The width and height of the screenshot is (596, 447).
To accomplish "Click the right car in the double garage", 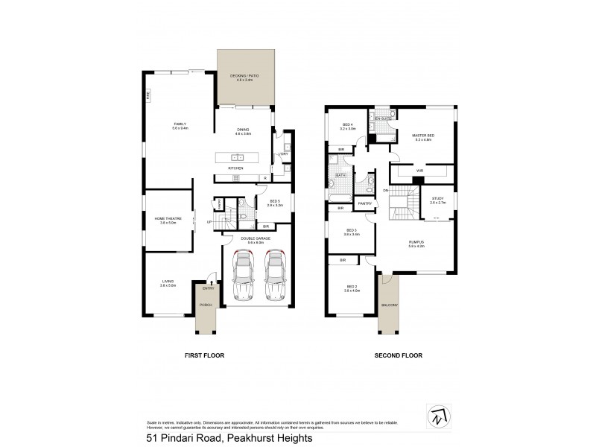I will [273, 274].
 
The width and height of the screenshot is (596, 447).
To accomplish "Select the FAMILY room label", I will [180, 126].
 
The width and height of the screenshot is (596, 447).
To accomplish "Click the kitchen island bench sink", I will [237, 158].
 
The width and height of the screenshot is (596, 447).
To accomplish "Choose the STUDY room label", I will [437, 200].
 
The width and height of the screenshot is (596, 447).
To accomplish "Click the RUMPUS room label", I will [416, 244].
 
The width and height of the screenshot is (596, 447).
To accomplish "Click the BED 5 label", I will [265, 201].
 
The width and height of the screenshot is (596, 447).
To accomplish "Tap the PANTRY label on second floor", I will [364, 203].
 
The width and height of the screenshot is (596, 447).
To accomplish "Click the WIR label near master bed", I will [419, 171].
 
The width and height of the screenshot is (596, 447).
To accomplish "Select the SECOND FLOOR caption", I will [398, 356].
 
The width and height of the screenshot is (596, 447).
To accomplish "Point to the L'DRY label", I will [283, 154].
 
